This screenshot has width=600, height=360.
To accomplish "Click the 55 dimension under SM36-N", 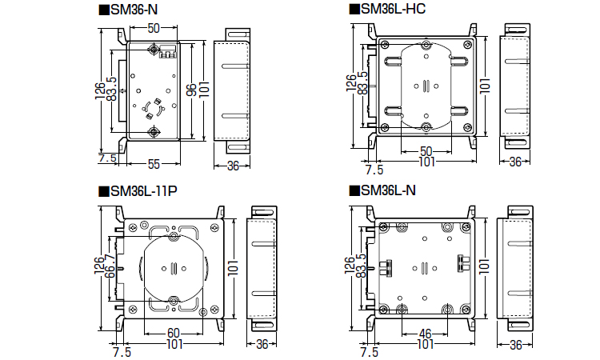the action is coord(154,164).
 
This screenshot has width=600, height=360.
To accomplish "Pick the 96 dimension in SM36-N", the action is coord(192,90).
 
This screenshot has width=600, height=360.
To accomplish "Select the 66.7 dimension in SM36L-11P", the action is coord(110,266).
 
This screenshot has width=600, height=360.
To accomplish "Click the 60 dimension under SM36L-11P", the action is coord(174,333).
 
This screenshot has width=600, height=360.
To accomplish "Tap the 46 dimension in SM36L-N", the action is coord(425,334).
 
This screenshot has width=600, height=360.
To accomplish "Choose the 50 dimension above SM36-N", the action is coord(154,28).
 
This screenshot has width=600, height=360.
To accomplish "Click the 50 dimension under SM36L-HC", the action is coord(426,151).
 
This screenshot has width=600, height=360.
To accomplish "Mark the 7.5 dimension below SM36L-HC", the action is coord(374,170).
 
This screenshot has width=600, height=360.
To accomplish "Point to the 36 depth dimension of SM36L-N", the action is coord(515,345).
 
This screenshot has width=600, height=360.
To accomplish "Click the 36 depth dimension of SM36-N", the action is coord(233,166).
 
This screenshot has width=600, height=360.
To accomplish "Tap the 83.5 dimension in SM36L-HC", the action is coord(362,83).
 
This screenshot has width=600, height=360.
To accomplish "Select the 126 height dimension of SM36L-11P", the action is coord(98,265).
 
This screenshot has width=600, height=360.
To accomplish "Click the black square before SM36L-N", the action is coord(354,190).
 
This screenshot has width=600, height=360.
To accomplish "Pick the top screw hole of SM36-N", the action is coord(154,49).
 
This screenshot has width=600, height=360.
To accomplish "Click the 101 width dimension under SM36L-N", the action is coord(425,344).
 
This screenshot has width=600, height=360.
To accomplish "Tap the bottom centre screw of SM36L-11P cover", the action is coord(174,300).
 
